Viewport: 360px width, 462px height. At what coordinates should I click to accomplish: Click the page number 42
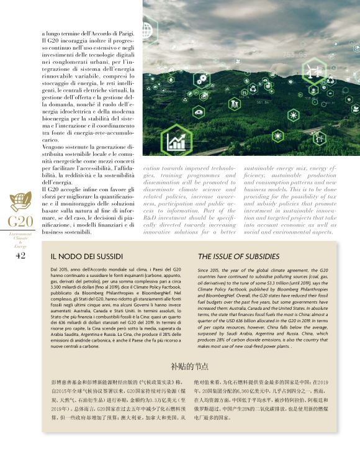tap(20, 256)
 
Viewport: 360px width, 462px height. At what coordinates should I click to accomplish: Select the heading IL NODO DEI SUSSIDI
tap(85, 256)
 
